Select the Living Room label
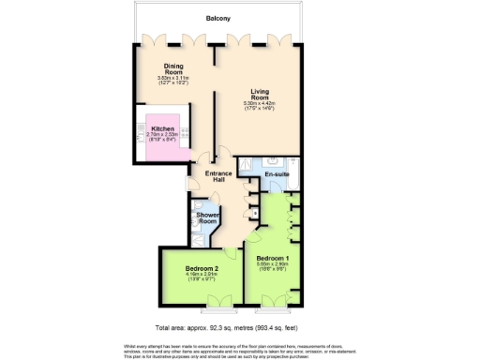click(x=259, y=94)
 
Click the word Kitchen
click(x=163, y=128)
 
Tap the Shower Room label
click(x=207, y=219)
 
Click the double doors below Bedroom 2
click(x=221, y=302)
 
